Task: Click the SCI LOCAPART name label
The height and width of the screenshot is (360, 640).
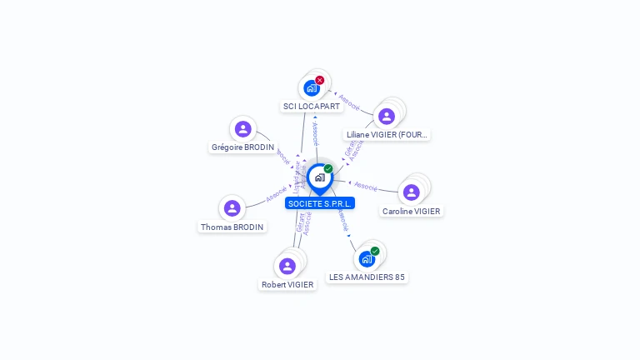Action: tap(311, 107)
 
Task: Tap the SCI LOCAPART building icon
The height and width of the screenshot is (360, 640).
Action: tap(311, 87)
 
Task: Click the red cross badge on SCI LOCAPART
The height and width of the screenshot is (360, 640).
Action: tap(320, 80)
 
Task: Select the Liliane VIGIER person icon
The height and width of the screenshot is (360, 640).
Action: tap(386, 116)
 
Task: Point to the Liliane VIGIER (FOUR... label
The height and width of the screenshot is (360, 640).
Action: tap(387, 134)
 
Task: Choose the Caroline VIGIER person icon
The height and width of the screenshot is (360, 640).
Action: tap(411, 192)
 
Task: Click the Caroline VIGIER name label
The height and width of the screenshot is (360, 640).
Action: tap(411, 212)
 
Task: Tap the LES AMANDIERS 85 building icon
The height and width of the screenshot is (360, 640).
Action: tap(367, 259)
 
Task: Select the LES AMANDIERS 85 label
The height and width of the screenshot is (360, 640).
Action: tap(367, 277)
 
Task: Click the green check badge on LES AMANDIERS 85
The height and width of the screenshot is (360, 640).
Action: tap(375, 251)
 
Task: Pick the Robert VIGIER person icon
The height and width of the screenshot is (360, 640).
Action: tap(287, 266)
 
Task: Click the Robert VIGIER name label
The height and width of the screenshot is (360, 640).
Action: tap(287, 284)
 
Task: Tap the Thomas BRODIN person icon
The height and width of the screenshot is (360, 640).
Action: tap(232, 208)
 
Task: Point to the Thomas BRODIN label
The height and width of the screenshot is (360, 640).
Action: tap(232, 227)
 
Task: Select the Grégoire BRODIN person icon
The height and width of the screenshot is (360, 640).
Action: tap(242, 128)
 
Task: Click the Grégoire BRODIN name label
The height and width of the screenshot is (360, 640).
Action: tap(242, 147)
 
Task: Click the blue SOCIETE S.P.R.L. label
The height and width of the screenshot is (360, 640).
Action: tap(320, 203)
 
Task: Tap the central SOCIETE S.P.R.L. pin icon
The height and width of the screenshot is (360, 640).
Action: tap(319, 177)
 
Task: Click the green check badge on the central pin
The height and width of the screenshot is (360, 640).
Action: tap(328, 168)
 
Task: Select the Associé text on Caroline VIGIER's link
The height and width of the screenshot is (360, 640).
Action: tap(366, 186)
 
